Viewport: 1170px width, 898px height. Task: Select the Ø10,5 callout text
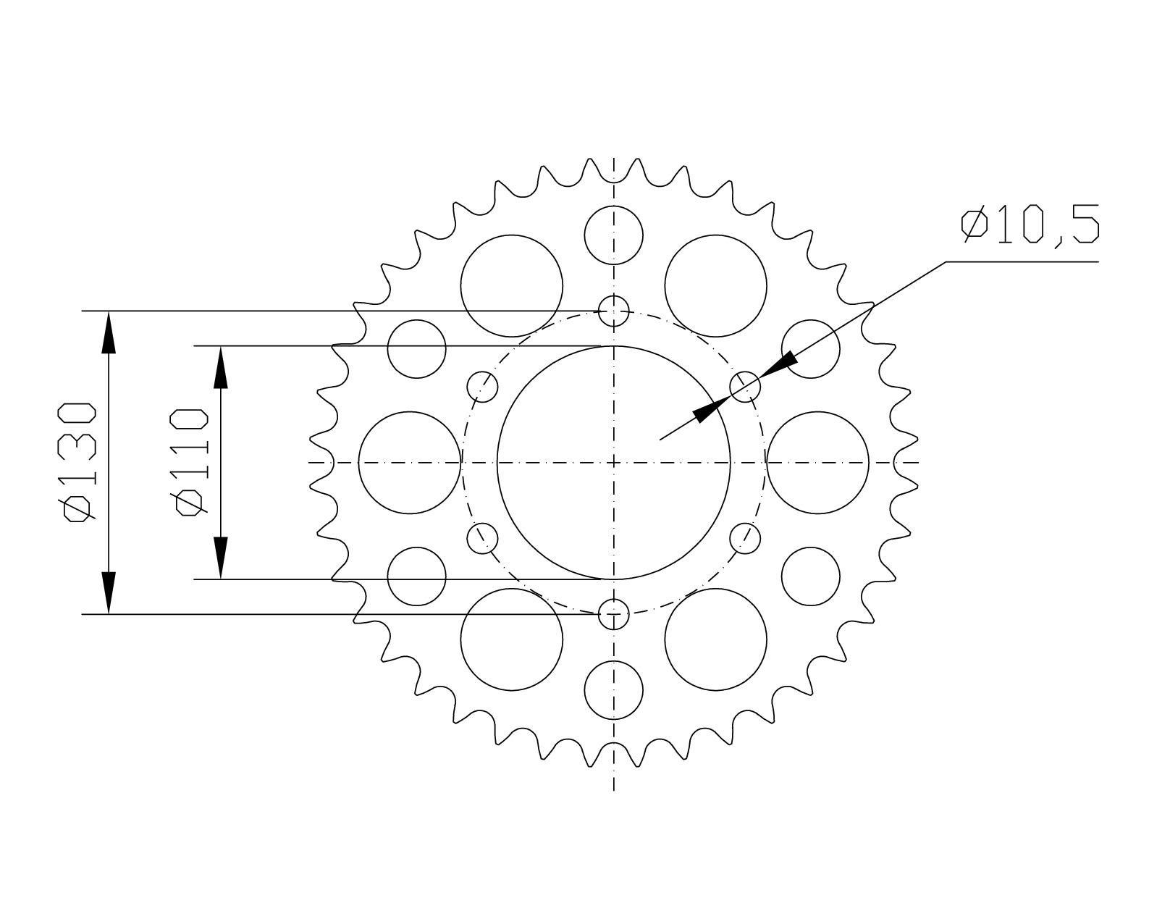(1030, 225)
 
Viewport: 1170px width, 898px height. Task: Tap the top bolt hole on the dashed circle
(614, 311)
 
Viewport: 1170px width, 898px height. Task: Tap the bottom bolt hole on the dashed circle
(614, 614)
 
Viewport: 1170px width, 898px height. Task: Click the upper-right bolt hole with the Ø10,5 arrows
(745, 387)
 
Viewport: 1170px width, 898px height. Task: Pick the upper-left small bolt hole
(483, 387)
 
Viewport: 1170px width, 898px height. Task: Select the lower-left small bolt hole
(483, 538)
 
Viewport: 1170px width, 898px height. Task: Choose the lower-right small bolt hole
(745, 538)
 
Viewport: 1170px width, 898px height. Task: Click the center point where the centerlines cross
(614, 462)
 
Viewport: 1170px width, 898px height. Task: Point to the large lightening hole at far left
(410, 462)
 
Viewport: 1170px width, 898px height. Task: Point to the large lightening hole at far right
(817, 462)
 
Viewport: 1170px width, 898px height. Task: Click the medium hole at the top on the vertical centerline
(614, 235)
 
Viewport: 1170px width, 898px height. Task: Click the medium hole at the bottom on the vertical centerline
(614, 689)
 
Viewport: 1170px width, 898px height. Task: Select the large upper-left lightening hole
(512, 285)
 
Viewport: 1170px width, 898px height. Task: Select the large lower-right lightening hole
(715, 639)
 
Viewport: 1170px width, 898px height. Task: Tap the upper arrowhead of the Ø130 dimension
(109, 333)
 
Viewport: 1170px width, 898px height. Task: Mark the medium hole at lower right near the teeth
(811, 576)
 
